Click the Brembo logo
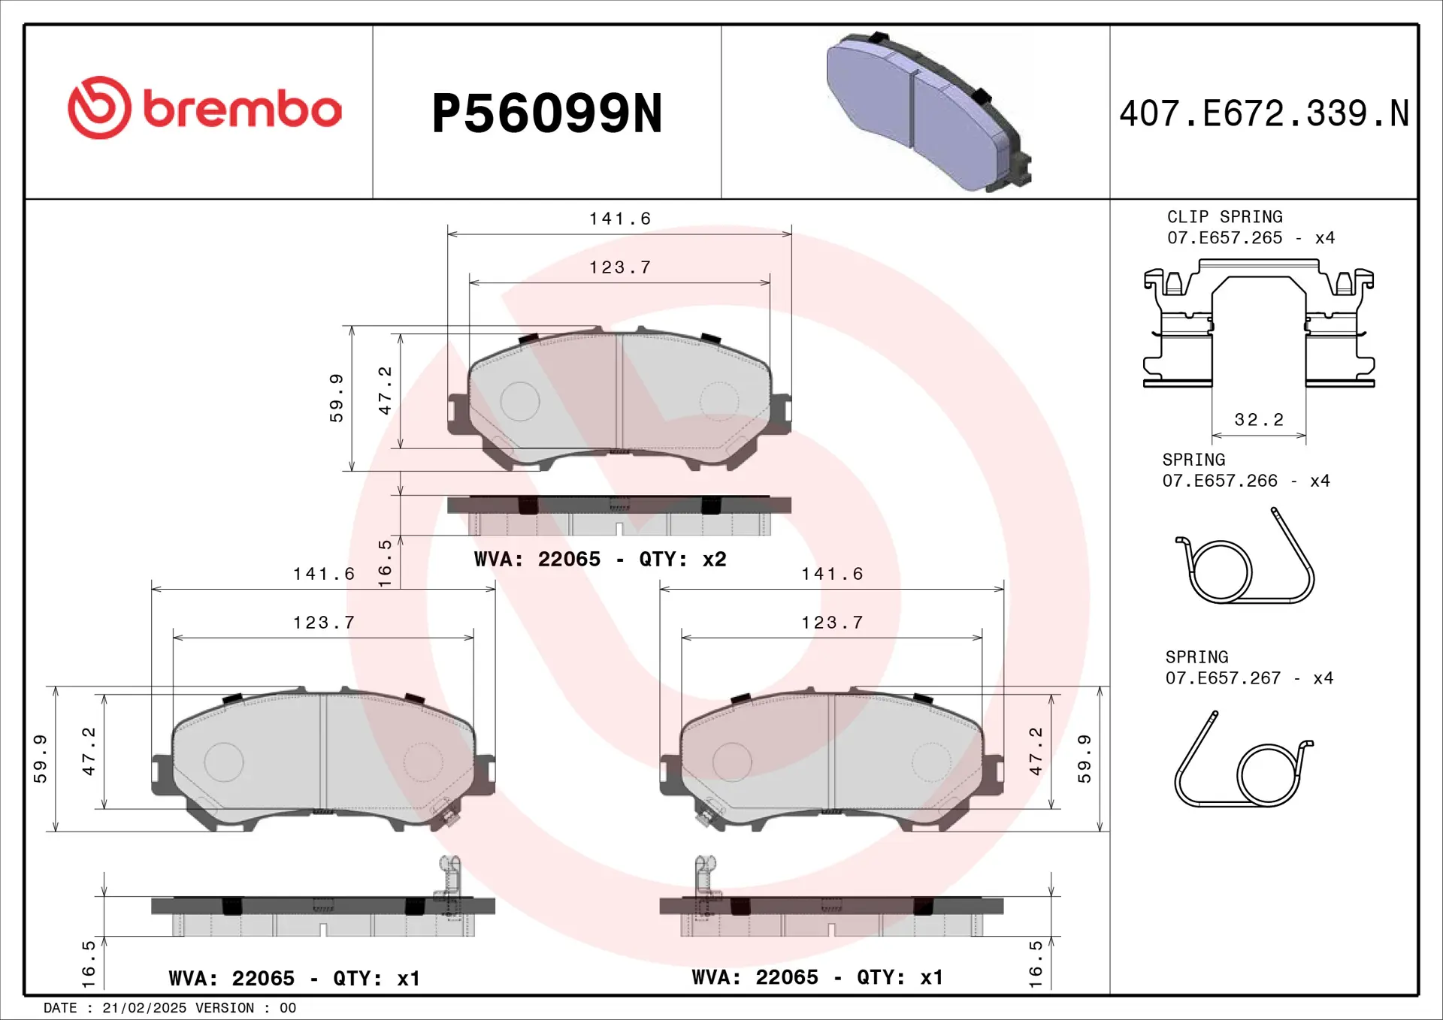click(x=204, y=108)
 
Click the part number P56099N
click(x=547, y=114)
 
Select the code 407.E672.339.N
click(x=1263, y=114)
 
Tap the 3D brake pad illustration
click(x=928, y=111)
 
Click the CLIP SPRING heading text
click(x=1224, y=217)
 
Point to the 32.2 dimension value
click(x=1259, y=420)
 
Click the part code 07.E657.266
click(x=1219, y=481)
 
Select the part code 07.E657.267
click(x=1222, y=678)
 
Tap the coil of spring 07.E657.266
click(x=1221, y=571)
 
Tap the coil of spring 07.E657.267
click(x=1268, y=775)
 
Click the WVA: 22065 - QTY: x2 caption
click(x=600, y=560)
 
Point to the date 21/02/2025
click(x=144, y=1008)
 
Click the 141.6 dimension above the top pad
click(x=619, y=219)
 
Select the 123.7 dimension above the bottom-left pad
click(x=323, y=623)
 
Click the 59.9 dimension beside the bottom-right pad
click(x=1084, y=759)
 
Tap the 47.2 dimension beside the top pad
click(x=385, y=391)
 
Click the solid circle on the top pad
click(x=520, y=401)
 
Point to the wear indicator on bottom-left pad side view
click(x=449, y=886)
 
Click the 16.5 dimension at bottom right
click(x=1036, y=964)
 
